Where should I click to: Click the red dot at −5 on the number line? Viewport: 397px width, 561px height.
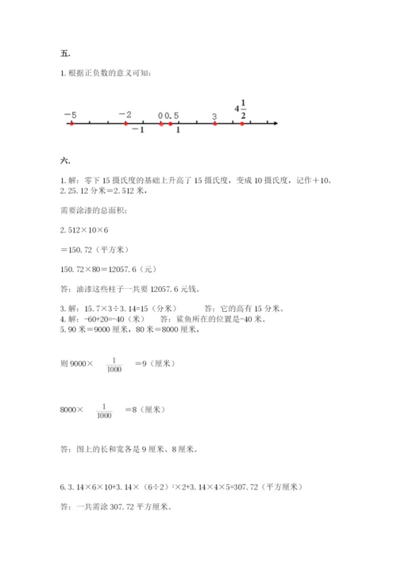click(71, 124)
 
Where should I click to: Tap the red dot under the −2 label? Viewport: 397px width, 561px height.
click(126, 124)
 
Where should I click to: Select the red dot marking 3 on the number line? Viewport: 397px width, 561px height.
click(214, 124)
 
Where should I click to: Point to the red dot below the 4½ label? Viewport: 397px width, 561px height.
click(242, 124)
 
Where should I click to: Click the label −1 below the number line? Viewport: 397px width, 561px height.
click(138, 130)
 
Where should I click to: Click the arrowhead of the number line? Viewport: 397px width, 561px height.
click(275, 124)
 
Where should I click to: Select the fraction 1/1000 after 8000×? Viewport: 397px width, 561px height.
click(104, 409)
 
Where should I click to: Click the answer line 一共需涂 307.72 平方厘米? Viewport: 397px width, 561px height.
click(116, 506)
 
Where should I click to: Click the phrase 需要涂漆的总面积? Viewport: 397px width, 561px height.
click(92, 209)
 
